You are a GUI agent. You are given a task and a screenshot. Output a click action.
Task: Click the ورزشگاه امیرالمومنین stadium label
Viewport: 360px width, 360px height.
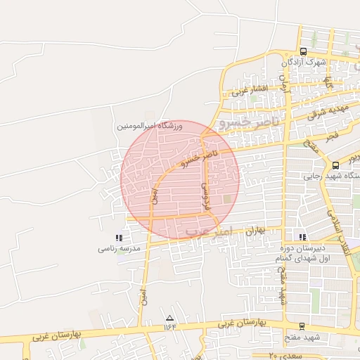click(150, 126)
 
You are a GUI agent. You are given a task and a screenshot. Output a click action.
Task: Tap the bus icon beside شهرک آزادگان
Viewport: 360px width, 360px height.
click(303, 51)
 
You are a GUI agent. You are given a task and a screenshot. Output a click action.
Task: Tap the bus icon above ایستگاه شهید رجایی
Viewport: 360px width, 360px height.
click(335, 165)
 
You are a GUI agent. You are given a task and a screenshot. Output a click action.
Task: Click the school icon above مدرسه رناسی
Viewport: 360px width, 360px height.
click(118, 238)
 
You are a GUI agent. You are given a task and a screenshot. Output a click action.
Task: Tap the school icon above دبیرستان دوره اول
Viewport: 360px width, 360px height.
click(302, 237)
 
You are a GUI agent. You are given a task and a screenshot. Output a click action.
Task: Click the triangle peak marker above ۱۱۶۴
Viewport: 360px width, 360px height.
click(169, 317)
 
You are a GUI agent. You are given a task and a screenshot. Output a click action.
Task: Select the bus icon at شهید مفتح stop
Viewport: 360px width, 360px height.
click(302, 326)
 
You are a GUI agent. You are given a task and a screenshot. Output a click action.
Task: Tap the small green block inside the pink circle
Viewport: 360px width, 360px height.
click(227, 200)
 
